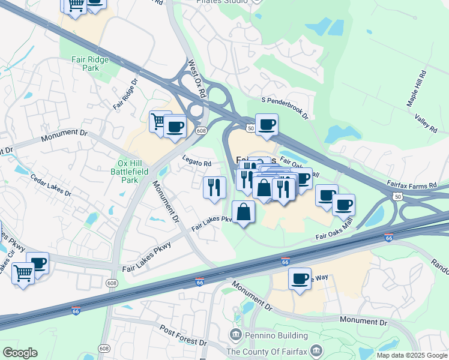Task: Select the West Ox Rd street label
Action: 197,79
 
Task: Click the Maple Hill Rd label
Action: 416,89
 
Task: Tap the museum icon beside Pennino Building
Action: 235,334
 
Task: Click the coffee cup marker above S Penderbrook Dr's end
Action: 267,125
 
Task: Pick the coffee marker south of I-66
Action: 300,278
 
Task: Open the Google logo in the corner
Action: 20,353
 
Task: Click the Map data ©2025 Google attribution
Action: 412,355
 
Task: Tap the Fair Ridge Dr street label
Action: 126,93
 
